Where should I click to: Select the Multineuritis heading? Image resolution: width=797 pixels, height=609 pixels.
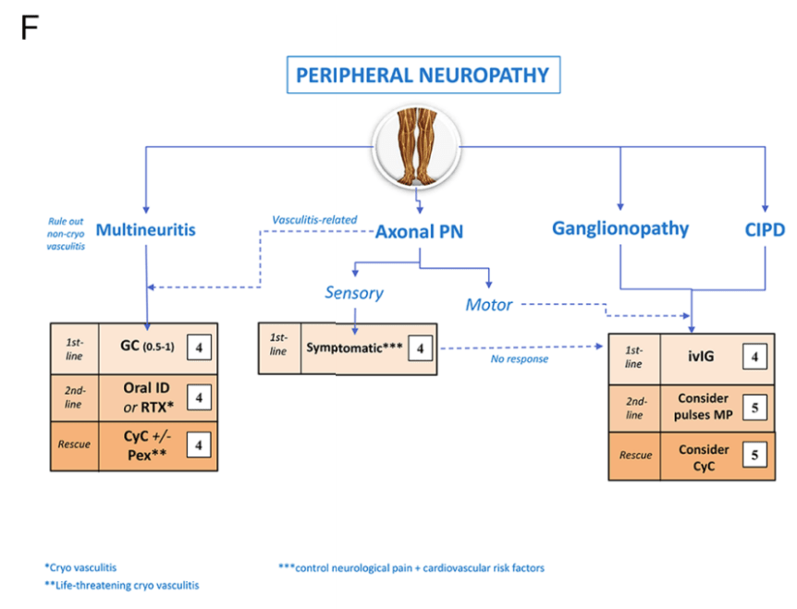144,229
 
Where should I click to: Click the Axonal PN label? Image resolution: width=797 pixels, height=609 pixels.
419,232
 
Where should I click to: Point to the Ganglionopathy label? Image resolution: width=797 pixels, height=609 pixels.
619,228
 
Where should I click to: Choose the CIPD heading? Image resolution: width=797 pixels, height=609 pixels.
765,228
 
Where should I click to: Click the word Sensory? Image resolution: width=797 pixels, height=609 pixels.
353,293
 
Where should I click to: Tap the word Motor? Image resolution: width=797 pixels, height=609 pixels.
488,304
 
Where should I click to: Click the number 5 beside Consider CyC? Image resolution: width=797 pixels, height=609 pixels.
754,456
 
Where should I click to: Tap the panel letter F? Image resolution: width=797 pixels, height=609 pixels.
30,29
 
